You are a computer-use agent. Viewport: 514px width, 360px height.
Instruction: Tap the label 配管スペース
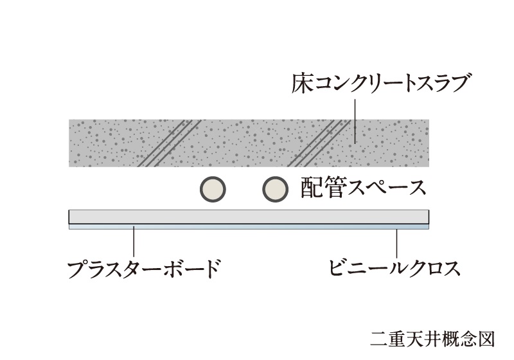tap(363, 188)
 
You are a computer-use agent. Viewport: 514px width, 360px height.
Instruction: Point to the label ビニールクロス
tap(394, 267)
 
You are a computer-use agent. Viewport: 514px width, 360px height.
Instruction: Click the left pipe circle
tap(213, 189)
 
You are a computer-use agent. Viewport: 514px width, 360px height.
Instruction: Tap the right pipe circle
tap(276, 189)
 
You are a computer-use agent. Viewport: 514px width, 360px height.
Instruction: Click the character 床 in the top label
tap(301, 84)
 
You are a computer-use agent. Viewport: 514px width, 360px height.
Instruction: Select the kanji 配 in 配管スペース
tap(312, 188)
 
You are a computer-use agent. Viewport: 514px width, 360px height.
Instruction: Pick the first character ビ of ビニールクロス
tap(338, 267)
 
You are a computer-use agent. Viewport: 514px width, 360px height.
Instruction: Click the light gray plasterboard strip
tap(249, 217)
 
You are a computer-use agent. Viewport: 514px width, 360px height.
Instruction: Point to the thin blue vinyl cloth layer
tap(249, 227)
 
